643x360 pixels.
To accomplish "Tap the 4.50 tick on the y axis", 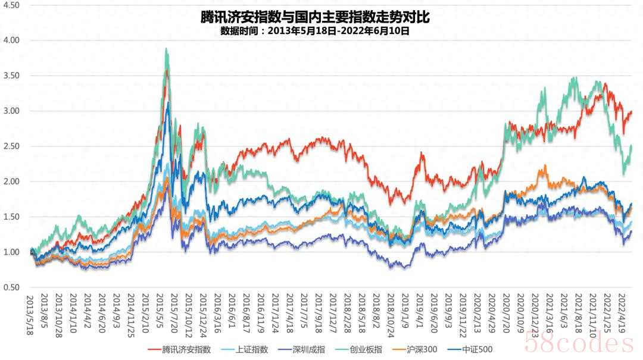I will click(x=12, y=5).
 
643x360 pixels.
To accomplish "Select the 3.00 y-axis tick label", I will click(x=12, y=111).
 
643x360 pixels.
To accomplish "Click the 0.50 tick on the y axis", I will click(x=12, y=287).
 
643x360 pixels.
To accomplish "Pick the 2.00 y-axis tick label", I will click(x=12, y=181).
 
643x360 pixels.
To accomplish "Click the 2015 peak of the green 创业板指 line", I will click(x=166, y=49).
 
